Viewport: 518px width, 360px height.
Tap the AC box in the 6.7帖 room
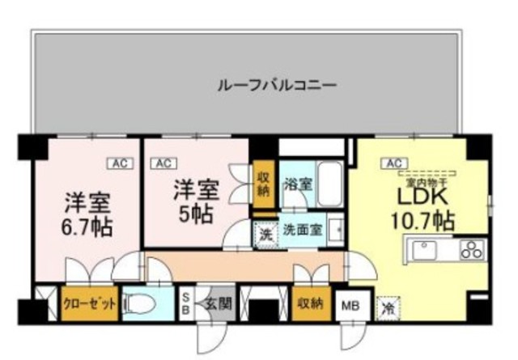[119, 163]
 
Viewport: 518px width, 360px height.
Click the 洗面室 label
[303, 230]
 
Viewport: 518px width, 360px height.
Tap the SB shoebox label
[185, 303]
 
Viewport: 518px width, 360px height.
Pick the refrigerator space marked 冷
[388, 308]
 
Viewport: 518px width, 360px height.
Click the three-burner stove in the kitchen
[469, 250]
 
